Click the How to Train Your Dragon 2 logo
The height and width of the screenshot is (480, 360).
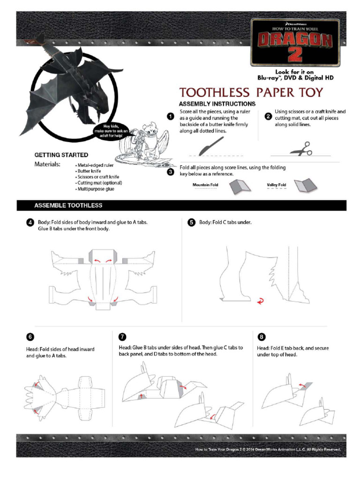click(x=295, y=43)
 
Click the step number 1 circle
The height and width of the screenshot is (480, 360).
click(x=172, y=116)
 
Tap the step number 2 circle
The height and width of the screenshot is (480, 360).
click(x=268, y=116)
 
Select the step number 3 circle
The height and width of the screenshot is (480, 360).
click(x=172, y=172)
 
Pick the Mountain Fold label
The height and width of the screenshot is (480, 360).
click(x=205, y=185)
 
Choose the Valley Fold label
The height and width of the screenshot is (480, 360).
click(x=276, y=185)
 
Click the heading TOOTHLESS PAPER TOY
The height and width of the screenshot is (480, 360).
click(x=251, y=92)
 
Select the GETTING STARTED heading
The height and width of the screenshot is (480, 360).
click(x=61, y=155)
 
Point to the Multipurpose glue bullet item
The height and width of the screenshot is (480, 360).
click(x=96, y=189)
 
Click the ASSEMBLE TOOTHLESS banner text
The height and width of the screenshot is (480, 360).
click(x=68, y=205)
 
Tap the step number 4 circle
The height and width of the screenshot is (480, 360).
click(x=30, y=223)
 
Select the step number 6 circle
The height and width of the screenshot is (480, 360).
click(x=30, y=337)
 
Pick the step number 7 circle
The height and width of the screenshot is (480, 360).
click(x=122, y=337)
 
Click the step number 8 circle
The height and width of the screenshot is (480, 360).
click(x=262, y=337)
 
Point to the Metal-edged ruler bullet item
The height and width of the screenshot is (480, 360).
click(x=96, y=165)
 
